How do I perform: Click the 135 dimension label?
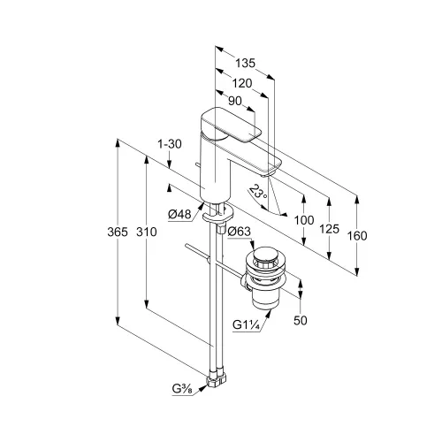tap(245, 63)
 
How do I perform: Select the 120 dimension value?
tap(242, 84)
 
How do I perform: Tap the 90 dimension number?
tap(235, 101)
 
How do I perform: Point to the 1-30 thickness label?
tap(170, 144)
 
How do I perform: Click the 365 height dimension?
tap(118, 232)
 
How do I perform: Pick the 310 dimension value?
tap(147, 232)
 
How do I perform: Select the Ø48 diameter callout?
tap(179, 214)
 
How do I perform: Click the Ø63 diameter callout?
tap(240, 232)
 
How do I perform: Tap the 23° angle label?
tap(258, 192)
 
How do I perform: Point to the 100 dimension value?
tap(304, 220)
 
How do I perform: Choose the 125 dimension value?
tap(330, 229)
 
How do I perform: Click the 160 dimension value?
tap(357, 236)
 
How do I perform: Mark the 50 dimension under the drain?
tap(301, 321)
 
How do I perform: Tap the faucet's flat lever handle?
tap(232, 125)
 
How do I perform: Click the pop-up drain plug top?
tap(266, 255)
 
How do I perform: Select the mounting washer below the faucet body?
tap(217, 215)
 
